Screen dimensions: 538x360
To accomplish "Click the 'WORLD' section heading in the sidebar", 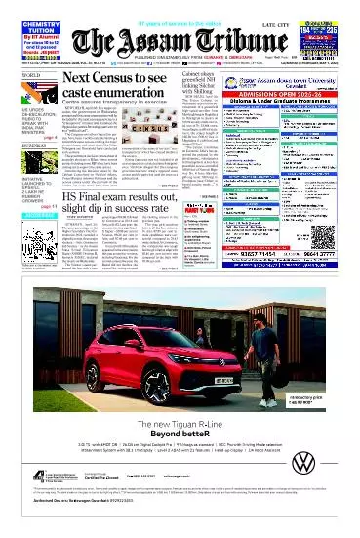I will pos(16,77).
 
